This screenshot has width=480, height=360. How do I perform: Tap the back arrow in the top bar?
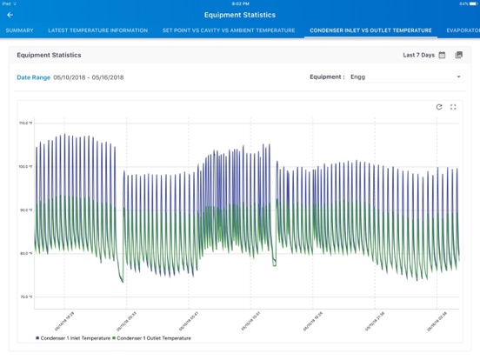pyautogui.click(x=10, y=15)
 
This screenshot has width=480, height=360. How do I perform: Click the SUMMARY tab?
pyautogui.click(x=19, y=30)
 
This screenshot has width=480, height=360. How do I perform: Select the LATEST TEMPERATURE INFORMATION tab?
pyautogui.click(x=97, y=30)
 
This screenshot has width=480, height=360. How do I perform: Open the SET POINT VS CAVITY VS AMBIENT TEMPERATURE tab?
pyautogui.click(x=229, y=30)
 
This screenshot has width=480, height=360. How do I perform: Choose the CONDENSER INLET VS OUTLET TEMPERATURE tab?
pyautogui.click(x=370, y=30)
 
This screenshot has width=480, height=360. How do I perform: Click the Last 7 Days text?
pyautogui.click(x=418, y=55)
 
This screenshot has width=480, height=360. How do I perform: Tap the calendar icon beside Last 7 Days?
pyautogui.click(x=443, y=55)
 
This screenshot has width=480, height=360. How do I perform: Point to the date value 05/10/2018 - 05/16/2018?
pyautogui.click(x=89, y=77)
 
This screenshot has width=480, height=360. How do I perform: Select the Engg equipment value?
pyautogui.click(x=358, y=77)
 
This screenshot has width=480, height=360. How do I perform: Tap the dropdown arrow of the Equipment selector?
pyautogui.click(x=458, y=77)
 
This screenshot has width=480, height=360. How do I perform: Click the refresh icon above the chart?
pyautogui.click(x=439, y=107)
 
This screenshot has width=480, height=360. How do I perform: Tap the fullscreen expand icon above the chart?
pyautogui.click(x=453, y=107)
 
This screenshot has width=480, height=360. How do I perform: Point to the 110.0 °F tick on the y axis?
pyautogui.click(x=26, y=123)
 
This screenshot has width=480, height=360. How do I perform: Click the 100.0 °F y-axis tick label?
pyautogui.click(x=26, y=167)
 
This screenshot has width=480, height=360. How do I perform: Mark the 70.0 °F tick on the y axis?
pyautogui.click(x=26, y=297)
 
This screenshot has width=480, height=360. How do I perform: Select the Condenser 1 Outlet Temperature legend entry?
pyautogui.click(x=153, y=338)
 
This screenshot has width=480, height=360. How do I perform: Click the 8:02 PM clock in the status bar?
pyautogui.click(x=239, y=3)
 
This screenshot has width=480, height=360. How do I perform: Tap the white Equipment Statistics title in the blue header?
pyautogui.click(x=239, y=15)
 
